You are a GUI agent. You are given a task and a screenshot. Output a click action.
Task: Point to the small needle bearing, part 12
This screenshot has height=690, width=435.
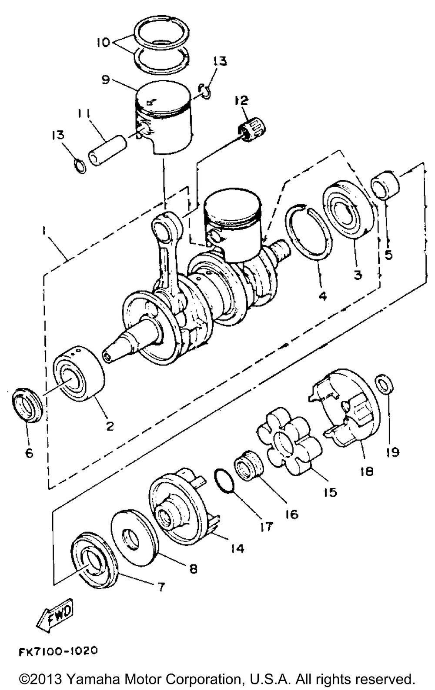tap(253, 131)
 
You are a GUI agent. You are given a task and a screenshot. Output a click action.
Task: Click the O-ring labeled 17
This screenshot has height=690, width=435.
tap(224, 481)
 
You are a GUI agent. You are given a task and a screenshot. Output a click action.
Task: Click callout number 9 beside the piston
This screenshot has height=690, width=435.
tap(105, 80)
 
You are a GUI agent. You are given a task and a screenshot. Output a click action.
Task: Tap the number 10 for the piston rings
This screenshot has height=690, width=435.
tap(103, 42)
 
